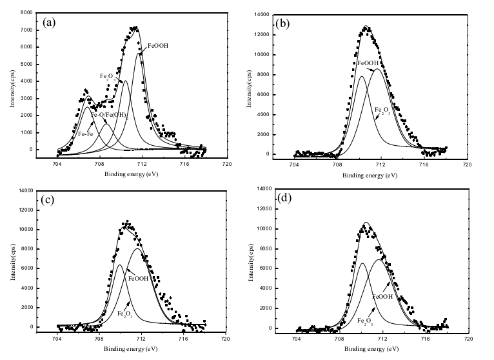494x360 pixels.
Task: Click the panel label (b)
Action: (x=283, y=23)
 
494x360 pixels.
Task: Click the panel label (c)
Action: (x=48, y=199)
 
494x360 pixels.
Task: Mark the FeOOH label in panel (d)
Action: (x=383, y=296)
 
